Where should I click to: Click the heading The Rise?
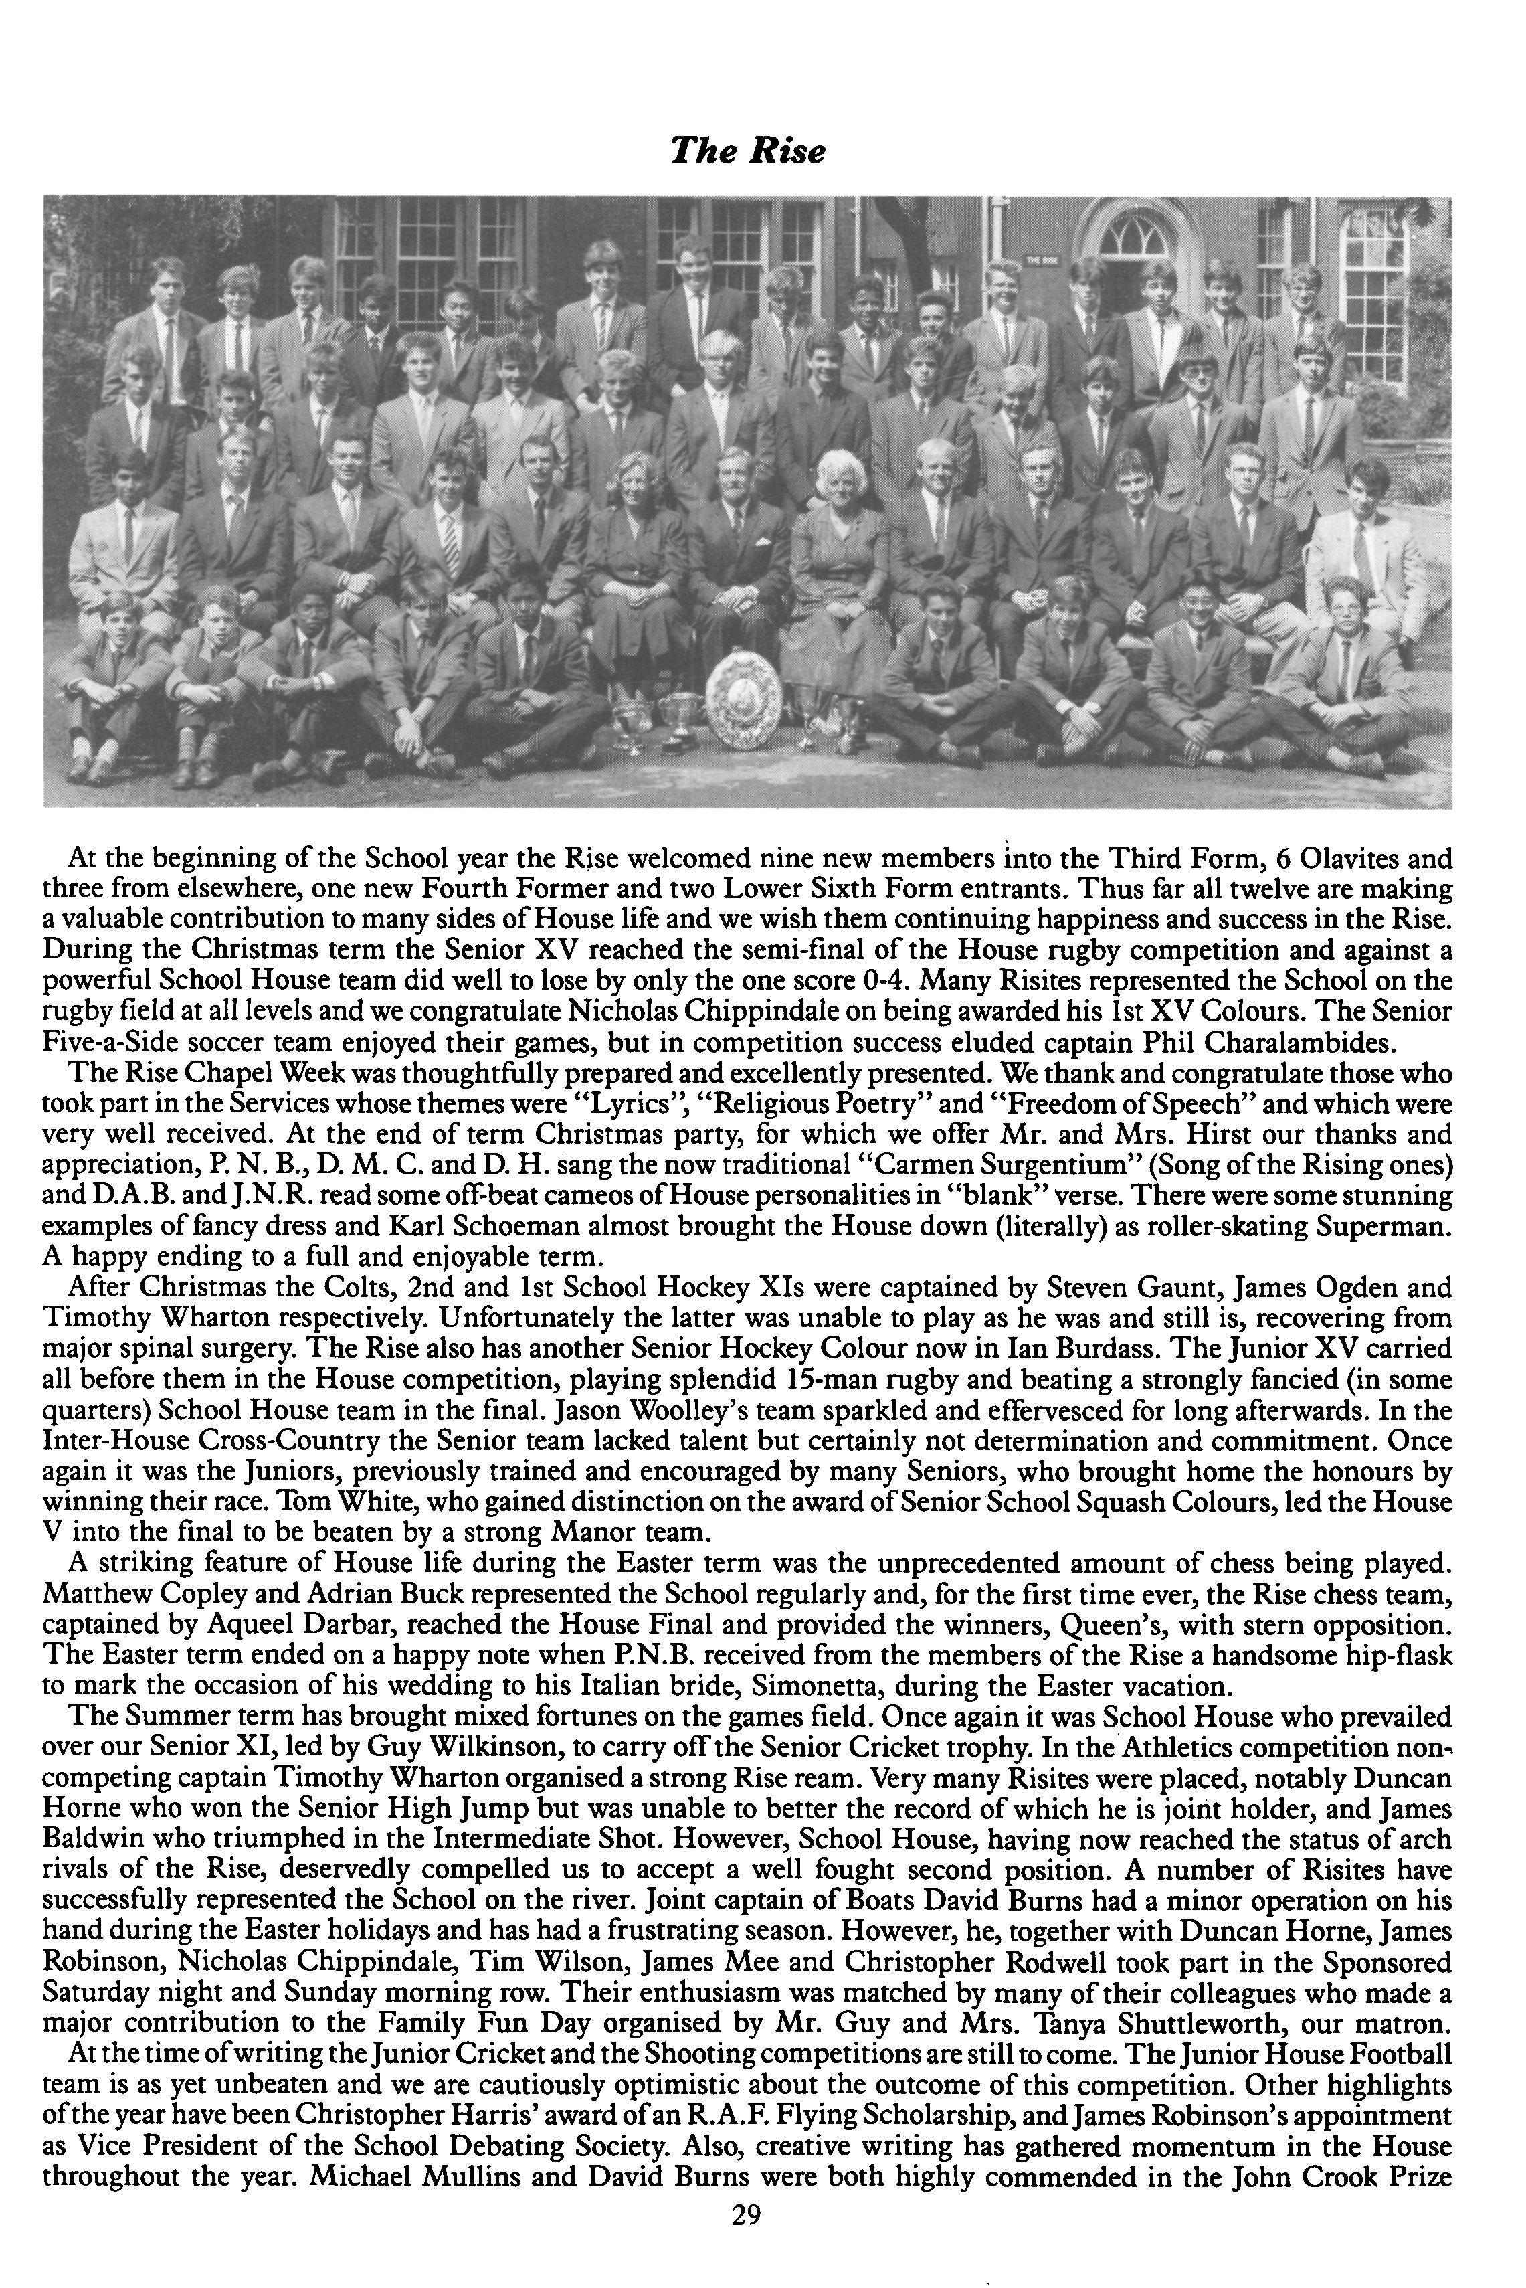click(x=747, y=152)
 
